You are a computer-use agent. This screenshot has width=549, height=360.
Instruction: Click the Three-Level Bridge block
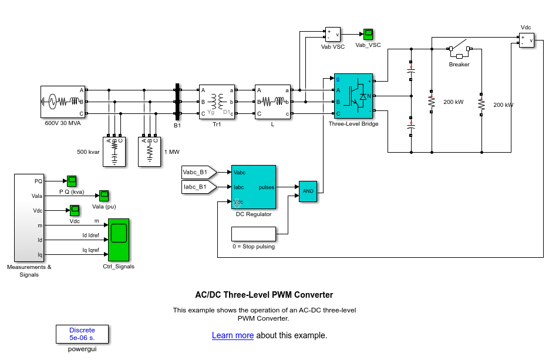[x=353, y=96]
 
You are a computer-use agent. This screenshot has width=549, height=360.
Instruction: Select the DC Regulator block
[x=254, y=187]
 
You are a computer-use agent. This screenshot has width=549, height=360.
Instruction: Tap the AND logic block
[x=308, y=191]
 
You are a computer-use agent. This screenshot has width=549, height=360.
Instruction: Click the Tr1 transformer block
[x=217, y=102]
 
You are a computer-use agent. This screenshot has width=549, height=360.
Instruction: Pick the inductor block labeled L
[x=272, y=102]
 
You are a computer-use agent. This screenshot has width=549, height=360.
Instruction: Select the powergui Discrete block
[x=82, y=334]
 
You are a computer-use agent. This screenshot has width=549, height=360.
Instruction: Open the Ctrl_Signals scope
[x=119, y=240]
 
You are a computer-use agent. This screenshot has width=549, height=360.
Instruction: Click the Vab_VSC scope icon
[x=368, y=34]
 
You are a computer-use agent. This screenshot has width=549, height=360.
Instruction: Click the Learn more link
[x=233, y=336]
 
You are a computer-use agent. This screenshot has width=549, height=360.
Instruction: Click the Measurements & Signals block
[x=29, y=217]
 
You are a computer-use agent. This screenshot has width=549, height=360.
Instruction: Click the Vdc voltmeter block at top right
[x=526, y=41]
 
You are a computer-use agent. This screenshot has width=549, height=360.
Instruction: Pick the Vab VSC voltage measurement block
[x=333, y=35]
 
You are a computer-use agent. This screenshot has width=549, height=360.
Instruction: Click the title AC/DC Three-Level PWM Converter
[x=264, y=295]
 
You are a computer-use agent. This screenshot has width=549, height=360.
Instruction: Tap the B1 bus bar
[x=177, y=102]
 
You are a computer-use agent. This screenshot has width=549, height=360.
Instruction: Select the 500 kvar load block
[x=114, y=152]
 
